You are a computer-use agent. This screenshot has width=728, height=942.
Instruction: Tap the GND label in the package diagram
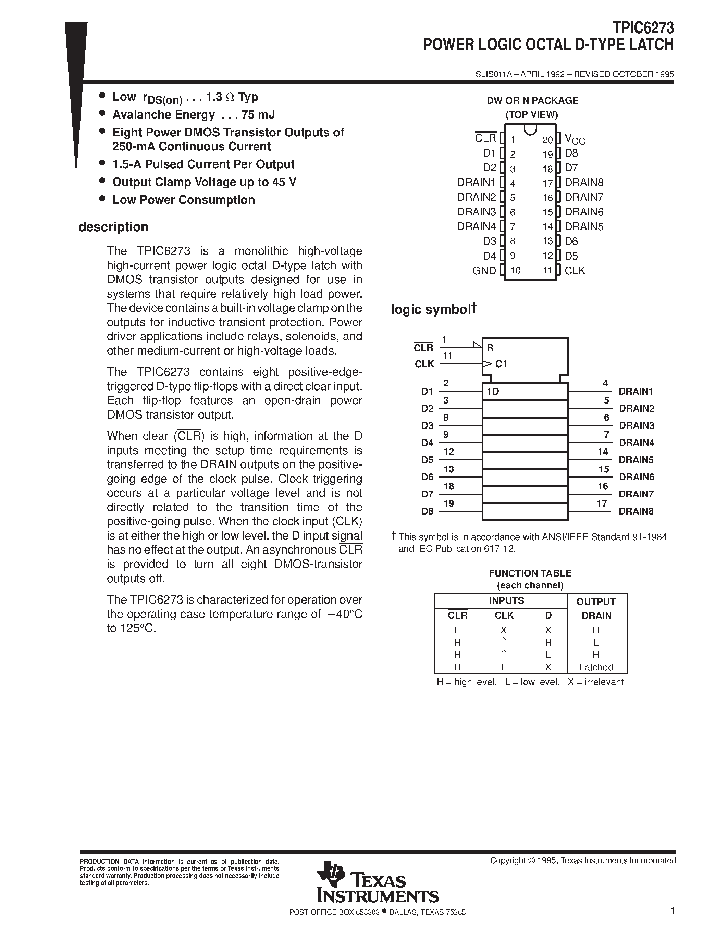(484, 270)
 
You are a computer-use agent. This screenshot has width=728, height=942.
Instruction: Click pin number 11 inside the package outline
(547, 270)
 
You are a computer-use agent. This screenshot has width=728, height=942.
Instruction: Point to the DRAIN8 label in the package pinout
(584, 183)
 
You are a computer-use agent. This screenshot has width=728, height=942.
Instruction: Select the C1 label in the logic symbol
(501, 364)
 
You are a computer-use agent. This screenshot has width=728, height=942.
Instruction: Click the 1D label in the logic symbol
(493, 392)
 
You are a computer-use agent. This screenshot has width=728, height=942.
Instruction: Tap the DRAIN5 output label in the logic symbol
(636, 460)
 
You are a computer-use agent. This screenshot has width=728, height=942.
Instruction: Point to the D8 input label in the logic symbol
(427, 511)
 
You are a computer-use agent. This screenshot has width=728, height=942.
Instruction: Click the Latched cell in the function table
(596, 667)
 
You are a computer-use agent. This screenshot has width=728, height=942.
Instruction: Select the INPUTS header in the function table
(506, 600)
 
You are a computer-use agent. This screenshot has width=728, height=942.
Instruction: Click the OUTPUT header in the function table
(596, 601)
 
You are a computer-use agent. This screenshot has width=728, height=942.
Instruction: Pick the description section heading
(113, 227)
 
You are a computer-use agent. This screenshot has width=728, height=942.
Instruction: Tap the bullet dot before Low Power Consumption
(102, 198)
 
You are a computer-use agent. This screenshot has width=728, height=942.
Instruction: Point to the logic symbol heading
(433, 309)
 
